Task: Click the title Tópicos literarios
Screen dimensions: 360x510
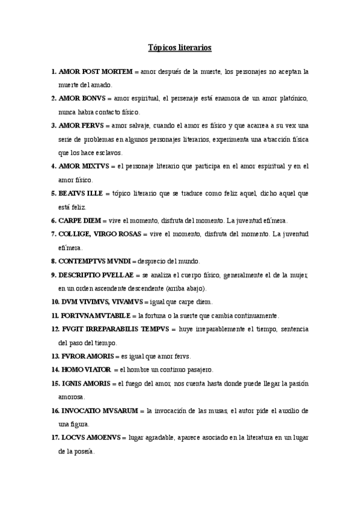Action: [x=180, y=47]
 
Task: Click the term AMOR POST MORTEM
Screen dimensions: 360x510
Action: [x=96, y=72]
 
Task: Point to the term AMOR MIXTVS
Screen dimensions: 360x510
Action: [x=87, y=166]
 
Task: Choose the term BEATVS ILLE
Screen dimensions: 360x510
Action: [x=81, y=193]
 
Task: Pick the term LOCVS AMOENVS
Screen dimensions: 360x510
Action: [x=90, y=437]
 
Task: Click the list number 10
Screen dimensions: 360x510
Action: [x=55, y=301]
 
